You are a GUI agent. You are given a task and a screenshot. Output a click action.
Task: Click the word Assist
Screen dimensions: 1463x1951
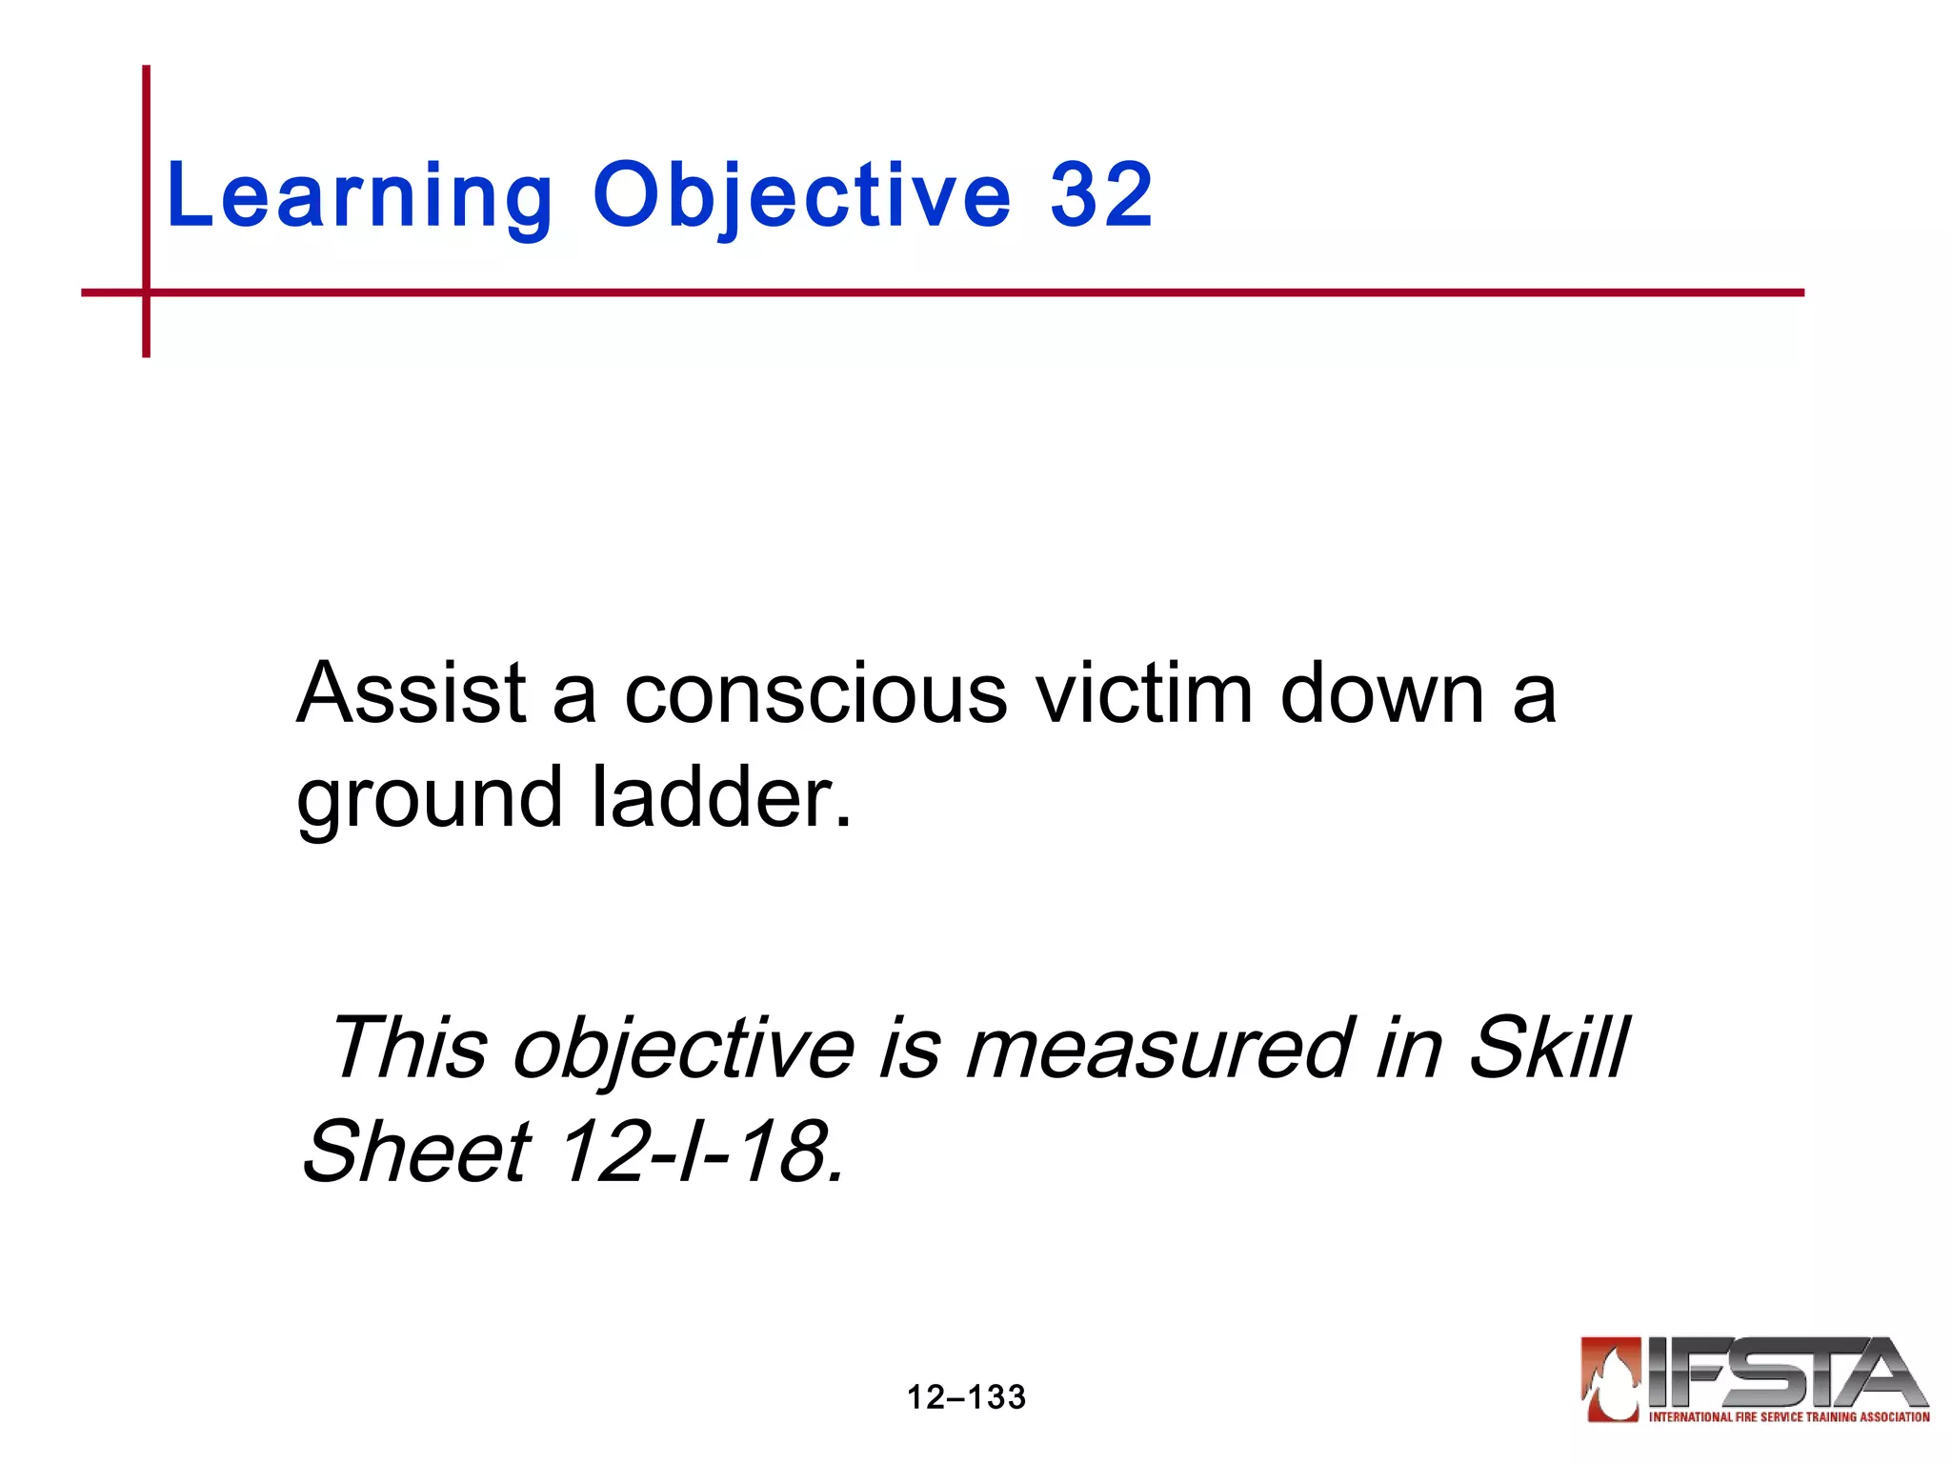pyautogui.click(x=412, y=693)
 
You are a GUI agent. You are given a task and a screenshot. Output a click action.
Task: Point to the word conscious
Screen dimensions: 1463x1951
pyautogui.click(x=815, y=693)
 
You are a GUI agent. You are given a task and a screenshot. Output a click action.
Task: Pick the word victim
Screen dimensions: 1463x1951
pyautogui.click(x=1144, y=693)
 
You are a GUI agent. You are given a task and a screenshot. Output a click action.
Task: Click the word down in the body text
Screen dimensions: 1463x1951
pyautogui.click(x=1382, y=693)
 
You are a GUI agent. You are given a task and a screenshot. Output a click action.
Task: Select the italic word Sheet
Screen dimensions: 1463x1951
pyautogui.click(x=416, y=1152)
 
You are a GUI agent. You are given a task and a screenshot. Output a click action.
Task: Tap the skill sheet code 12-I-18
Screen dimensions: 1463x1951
pyautogui.click(x=701, y=1152)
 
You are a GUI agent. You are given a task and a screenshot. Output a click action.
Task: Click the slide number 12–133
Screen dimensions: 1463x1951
pyautogui.click(x=966, y=1397)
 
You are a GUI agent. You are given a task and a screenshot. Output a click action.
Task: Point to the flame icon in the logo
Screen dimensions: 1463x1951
pyautogui.click(x=1611, y=1378)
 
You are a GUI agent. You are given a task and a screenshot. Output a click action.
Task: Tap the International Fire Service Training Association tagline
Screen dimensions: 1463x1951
pyautogui.click(x=1789, y=1417)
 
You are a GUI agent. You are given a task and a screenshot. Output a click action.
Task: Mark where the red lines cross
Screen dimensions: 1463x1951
pyautogui.click(x=146, y=292)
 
